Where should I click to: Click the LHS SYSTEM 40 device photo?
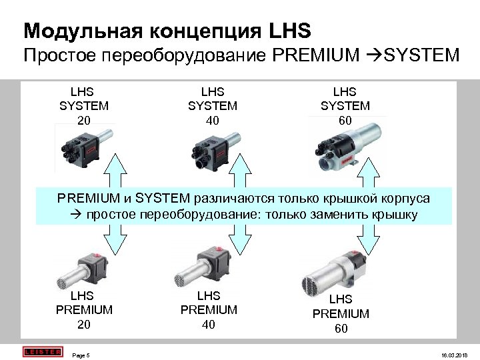click(x=211, y=149)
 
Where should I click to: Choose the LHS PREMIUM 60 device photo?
click(x=337, y=269)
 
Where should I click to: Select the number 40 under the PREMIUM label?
click(x=209, y=325)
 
